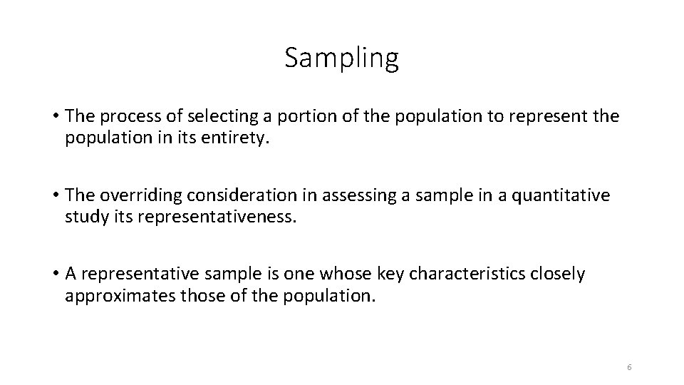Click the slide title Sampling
click(341, 58)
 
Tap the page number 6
click(629, 367)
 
